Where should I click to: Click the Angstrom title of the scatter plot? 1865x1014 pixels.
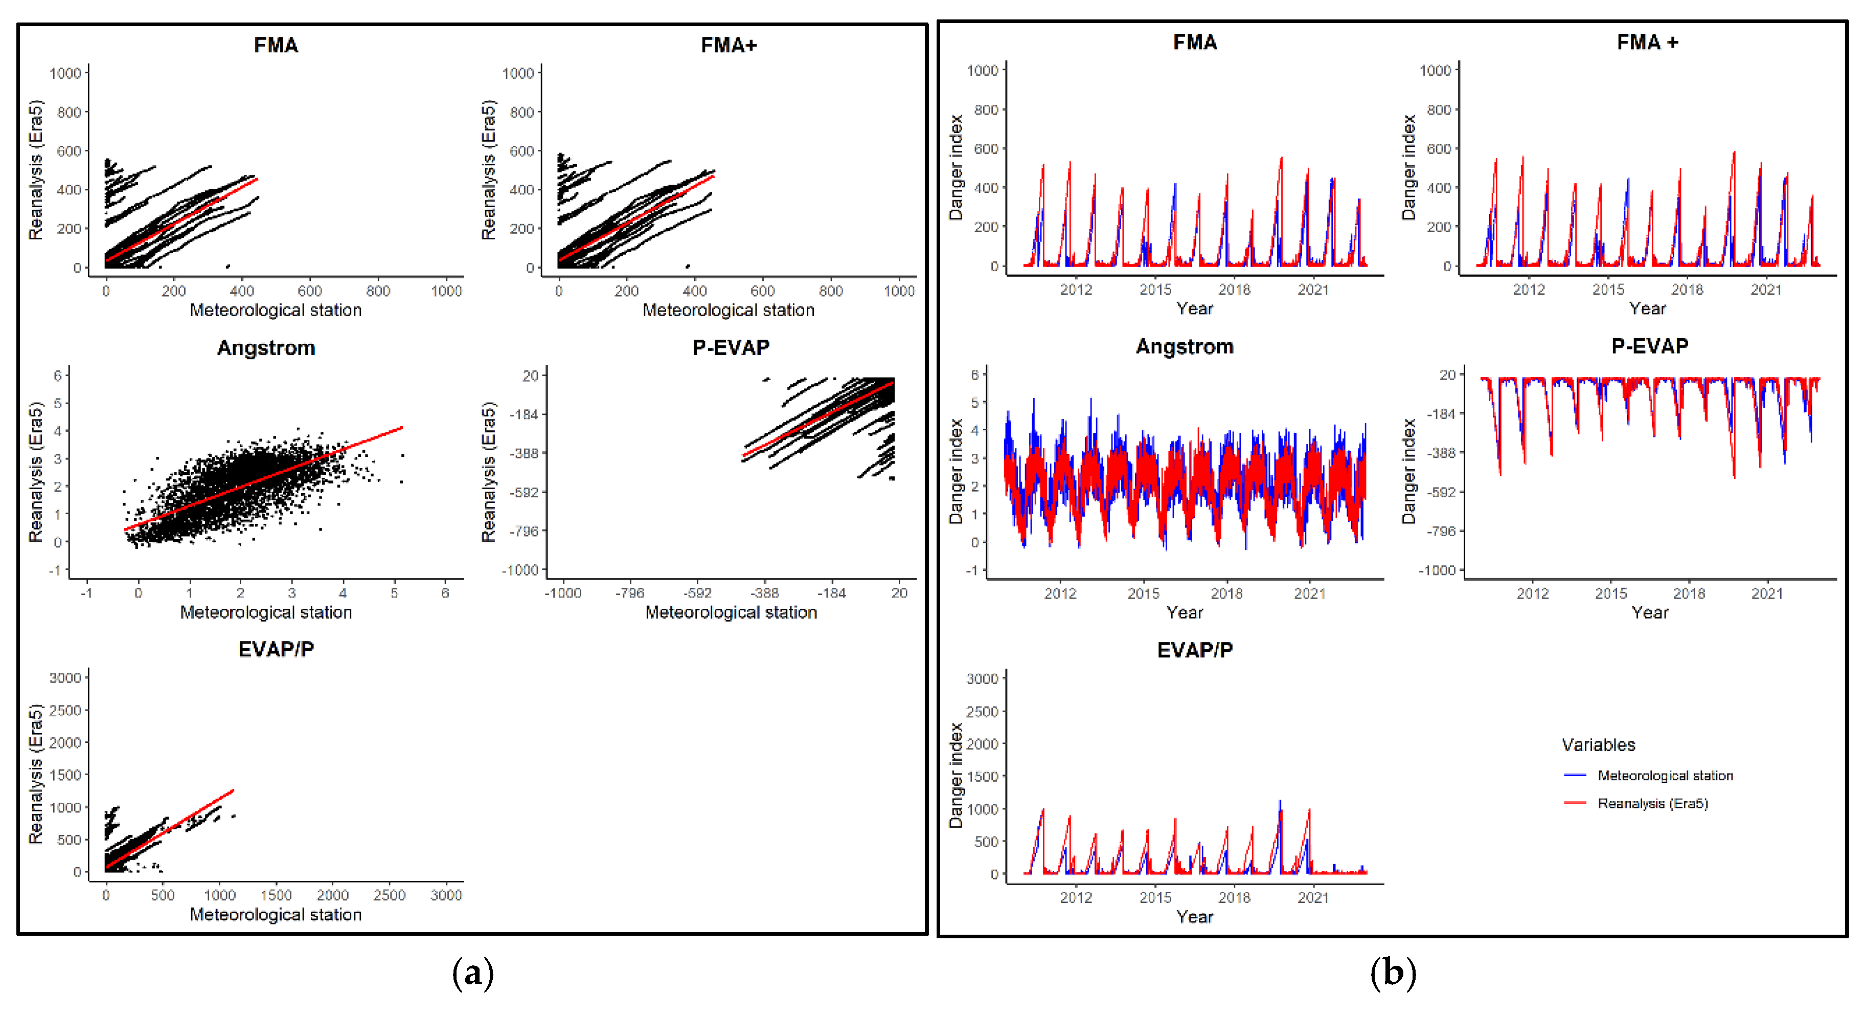click(x=266, y=348)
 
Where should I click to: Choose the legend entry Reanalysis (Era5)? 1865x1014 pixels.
click(x=1652, y=803)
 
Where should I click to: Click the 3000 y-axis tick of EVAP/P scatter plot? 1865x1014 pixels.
click(x=65, y=678)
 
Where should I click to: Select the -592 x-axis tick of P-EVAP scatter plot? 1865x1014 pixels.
click(x=697, y=593)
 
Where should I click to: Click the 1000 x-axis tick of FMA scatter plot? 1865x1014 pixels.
click(x=446, y=291)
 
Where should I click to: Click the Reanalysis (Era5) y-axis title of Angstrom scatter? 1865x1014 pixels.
click(x=35, y=472)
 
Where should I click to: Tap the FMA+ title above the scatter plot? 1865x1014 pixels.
click(x=729, y=45)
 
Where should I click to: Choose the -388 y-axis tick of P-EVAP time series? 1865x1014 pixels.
click(x=1440, y=453)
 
